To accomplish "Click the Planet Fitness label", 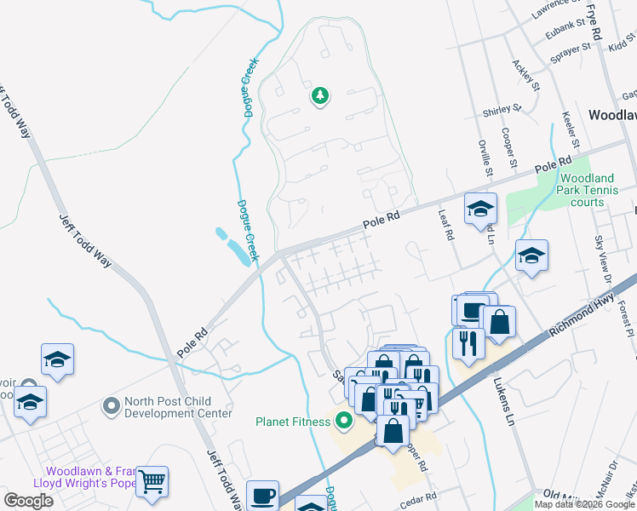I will tap(293, 421).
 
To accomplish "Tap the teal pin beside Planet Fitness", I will tap(344, 421).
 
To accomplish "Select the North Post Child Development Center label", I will tap(177, 407).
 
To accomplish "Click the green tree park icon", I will tap(320, 96).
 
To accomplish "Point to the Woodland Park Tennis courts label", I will tap(594, 190).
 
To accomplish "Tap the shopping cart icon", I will tap(152, 482).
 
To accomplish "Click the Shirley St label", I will tap(501, 110).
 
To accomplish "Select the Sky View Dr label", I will tap(602, 255).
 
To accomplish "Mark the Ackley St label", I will tap(526, 75).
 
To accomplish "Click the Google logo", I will tap(28, 501).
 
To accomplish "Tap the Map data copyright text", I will tap(584, 504).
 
